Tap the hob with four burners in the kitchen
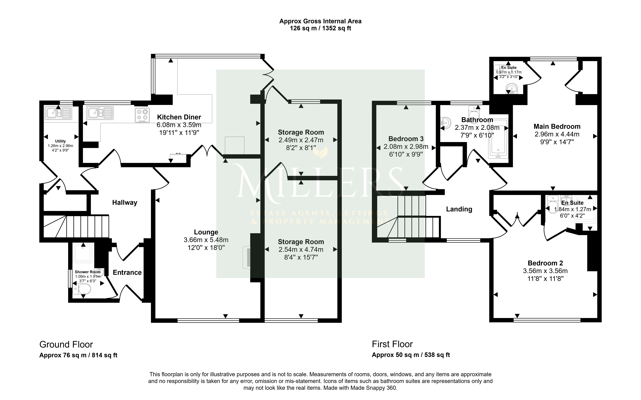point(142,115)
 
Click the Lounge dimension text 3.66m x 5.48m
point(206,240)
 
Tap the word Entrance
point(127,273)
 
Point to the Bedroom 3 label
point(406,139)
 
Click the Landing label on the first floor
point(459,209)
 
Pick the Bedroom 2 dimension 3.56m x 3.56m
point(545,271)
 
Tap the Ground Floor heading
point(66,344)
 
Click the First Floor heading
point(392,344)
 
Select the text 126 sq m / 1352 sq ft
point(320,28)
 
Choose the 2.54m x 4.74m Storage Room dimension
point(301,249)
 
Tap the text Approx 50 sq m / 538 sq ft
point(411,355)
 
